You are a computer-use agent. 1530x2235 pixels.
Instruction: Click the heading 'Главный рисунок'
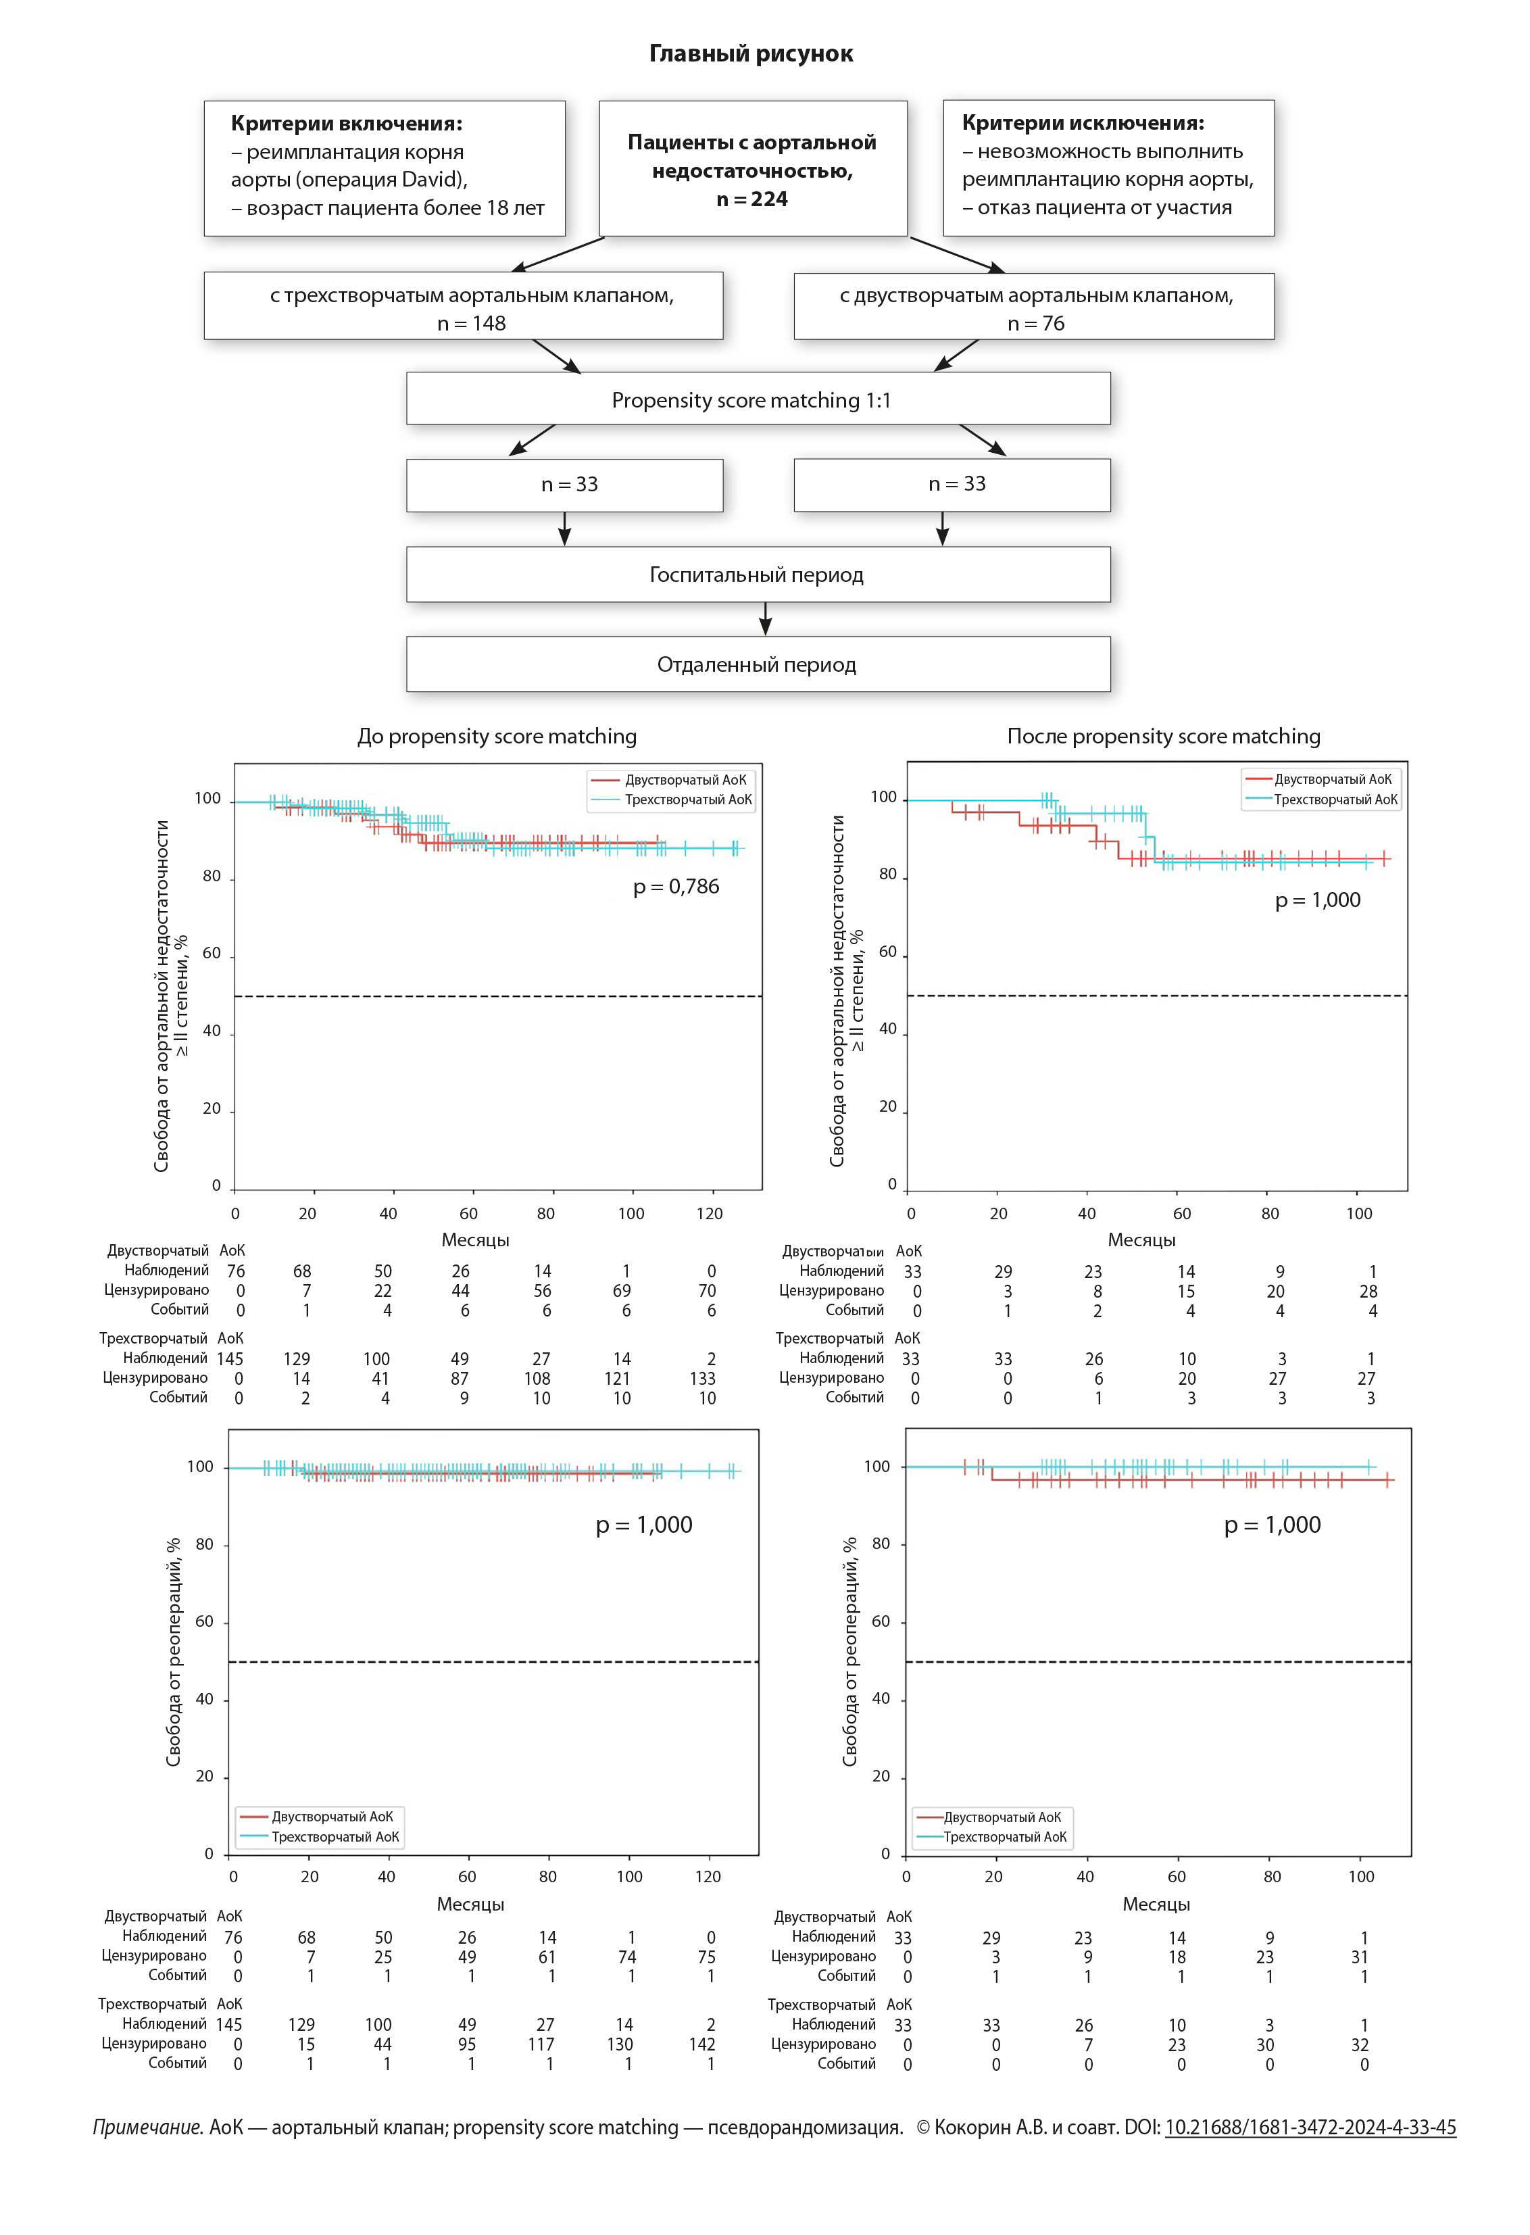point(750,54)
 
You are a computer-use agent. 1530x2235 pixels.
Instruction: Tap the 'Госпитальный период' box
point(758,575)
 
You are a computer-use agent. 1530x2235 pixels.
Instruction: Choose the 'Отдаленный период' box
point(758,664)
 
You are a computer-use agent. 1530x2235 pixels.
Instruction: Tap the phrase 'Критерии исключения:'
point(1083,123)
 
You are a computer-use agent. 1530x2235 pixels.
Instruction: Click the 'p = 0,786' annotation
point(676,887)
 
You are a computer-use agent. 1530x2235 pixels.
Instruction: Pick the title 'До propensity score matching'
point(497,737)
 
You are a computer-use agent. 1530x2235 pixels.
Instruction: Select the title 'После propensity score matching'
point(1164,737)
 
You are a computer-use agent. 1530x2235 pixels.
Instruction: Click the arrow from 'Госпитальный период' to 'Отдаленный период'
point(766,619)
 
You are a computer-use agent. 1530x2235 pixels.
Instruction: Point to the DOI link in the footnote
point(1310,2128)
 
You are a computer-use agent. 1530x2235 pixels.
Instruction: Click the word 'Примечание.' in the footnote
point(148,2128)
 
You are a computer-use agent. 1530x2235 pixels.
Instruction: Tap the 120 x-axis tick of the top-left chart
point(710,1214)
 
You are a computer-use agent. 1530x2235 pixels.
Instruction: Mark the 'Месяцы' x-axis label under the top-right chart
point(1141,1241)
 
